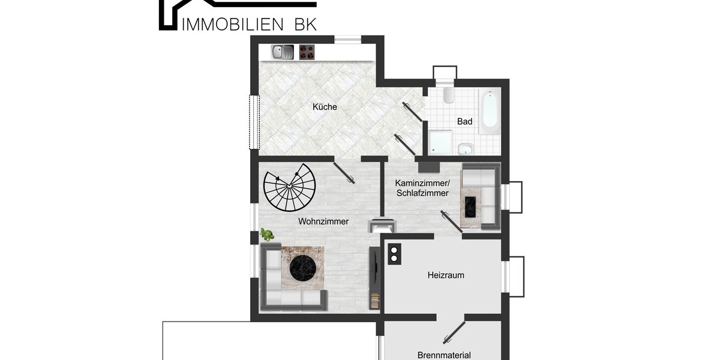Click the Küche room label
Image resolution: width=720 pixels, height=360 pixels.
(325, 107)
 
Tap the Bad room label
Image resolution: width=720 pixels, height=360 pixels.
(464, 122)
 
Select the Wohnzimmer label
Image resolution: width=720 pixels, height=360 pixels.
(323, 221)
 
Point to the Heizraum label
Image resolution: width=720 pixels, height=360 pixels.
(446, 275)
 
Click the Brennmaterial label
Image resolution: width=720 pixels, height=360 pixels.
(444, 355)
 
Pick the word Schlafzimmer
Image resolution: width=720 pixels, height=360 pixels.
(422, 193)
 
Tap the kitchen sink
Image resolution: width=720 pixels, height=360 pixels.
(282, 52)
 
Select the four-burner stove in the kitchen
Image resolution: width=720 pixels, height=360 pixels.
(307, 52)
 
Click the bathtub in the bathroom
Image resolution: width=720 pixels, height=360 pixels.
(490, 111)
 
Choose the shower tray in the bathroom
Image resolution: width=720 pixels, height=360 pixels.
(441, 143)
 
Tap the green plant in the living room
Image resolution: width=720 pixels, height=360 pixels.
(267, 235)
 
